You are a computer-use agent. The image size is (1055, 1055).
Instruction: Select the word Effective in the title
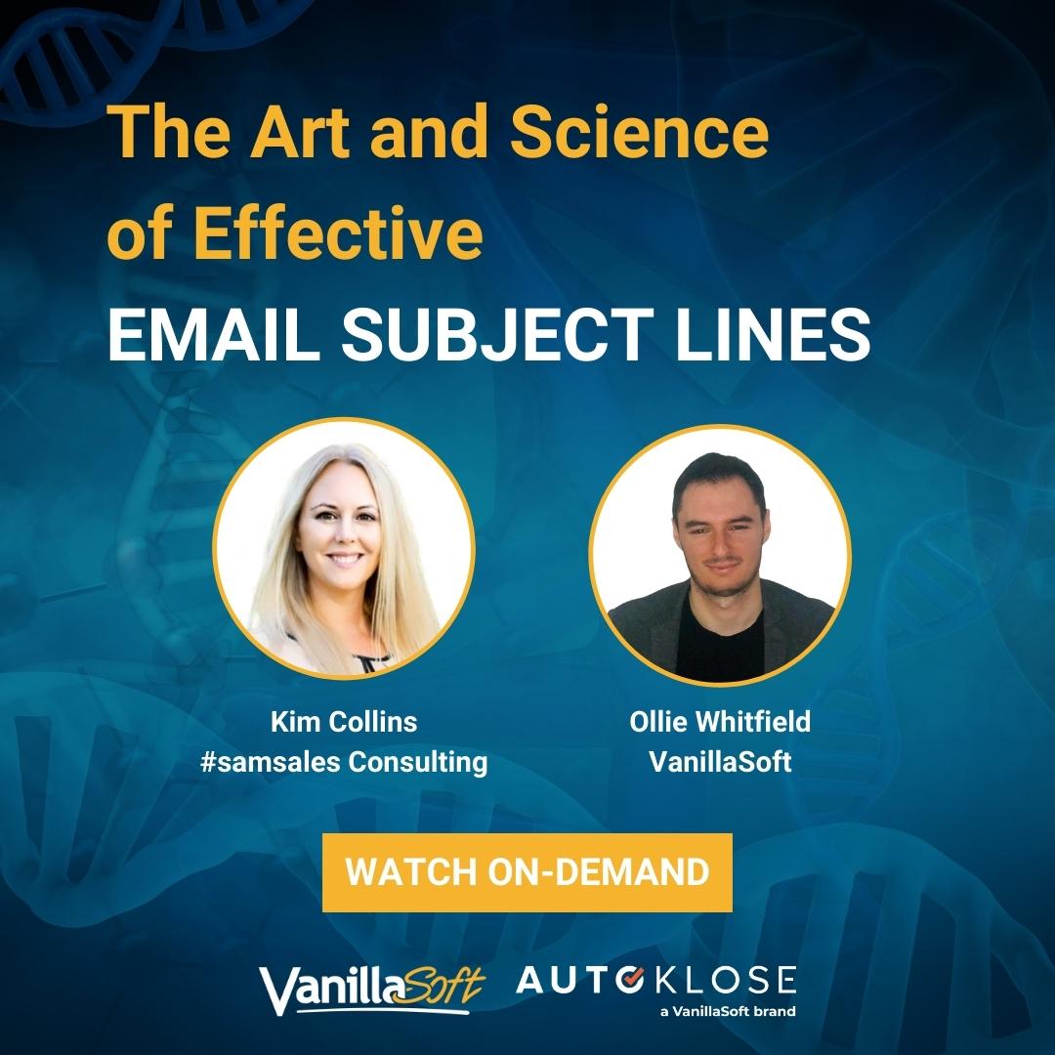pyautogui.click(x=338, y=232)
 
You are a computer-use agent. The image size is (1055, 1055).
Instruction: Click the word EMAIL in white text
pyautogui.click(x=214, y=334)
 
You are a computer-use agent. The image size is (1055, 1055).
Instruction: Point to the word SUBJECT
pyautogui.click(x=497, y=334)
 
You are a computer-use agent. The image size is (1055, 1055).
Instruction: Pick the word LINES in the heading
pyautogui.click(x=773, y=334)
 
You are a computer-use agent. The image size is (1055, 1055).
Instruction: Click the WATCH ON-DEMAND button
pyautogui.click(x=527, y=872)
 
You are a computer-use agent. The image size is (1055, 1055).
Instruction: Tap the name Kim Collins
pyautogui.click(x=344, y=722)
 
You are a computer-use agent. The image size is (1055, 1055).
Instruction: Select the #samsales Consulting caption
pyautogui.click(x=344, y=762)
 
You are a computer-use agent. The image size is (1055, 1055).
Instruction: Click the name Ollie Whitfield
pyautogui.click(x=720, y=722)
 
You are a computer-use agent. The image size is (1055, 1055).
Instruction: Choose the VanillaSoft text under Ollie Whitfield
pyautogui.click(x=720, y=762)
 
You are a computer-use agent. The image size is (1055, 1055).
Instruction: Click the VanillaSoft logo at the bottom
pyautogui.click(x=372, y=990)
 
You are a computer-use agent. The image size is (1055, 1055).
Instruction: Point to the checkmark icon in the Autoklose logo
pyautogui.click(x=630, y=981)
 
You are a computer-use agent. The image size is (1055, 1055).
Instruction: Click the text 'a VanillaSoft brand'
pyautogui.click(x=728, y=1011)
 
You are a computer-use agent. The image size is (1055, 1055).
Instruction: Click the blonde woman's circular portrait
pyautogui.click(x=344, y=549)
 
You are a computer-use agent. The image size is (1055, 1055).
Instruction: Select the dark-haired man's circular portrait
pyautogui.click(x=720, y=556)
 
